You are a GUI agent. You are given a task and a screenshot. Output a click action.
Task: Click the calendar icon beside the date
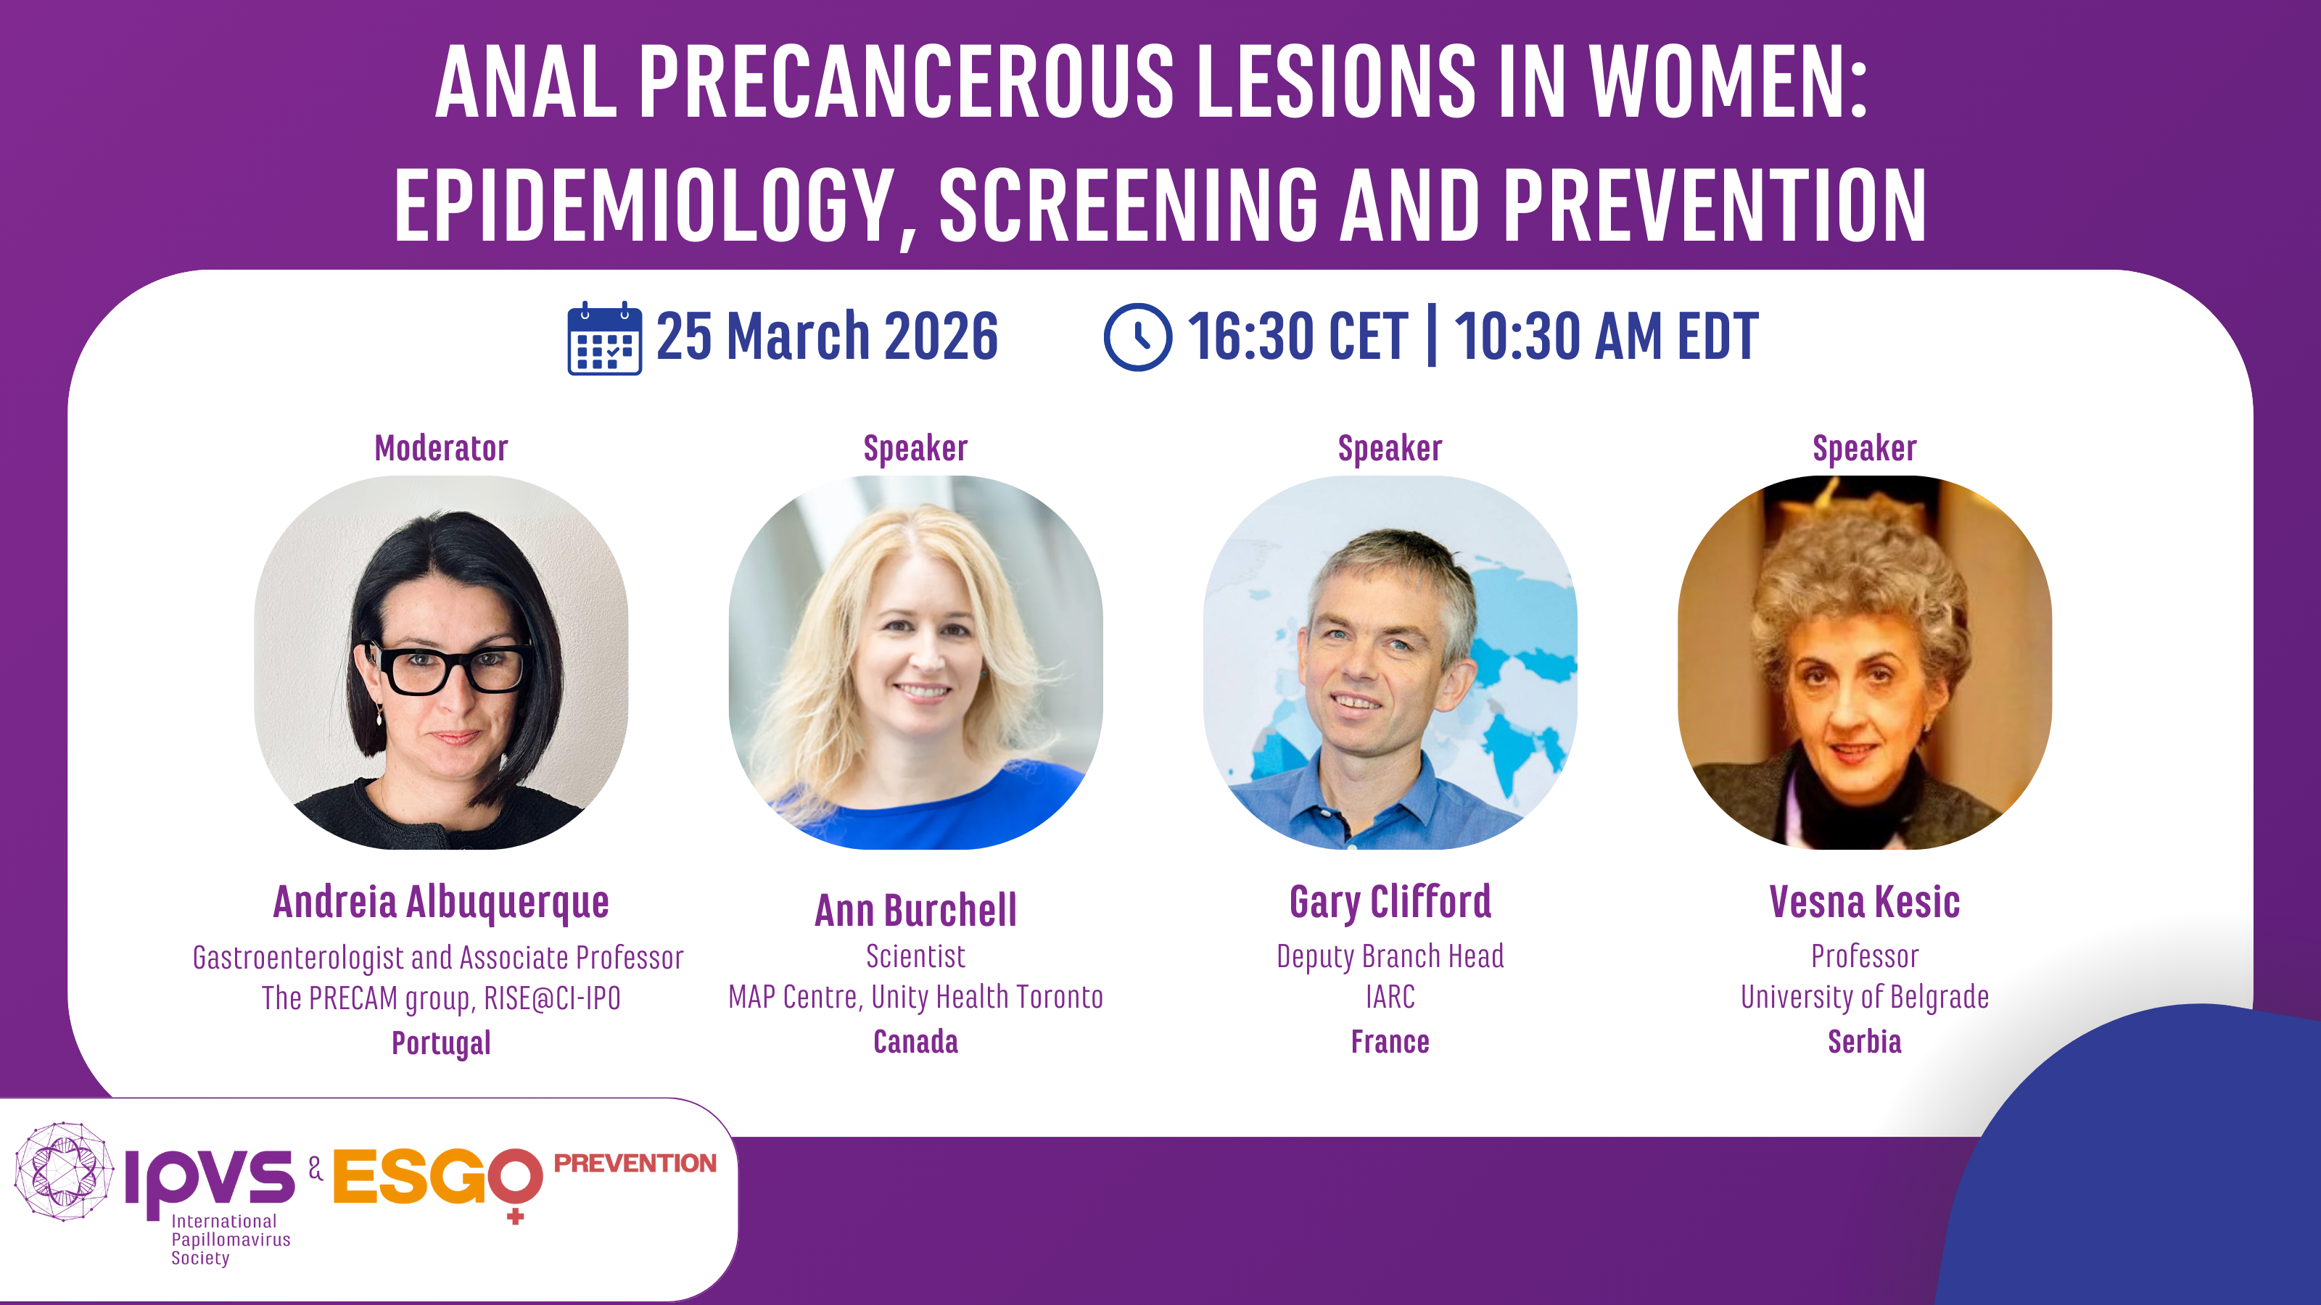605,338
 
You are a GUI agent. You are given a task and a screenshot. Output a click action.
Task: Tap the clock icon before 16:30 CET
1138,337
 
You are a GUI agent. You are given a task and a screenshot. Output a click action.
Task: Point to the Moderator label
442,447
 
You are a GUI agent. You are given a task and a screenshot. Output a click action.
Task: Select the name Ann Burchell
915,910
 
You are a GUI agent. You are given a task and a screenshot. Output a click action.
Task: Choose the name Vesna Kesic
1864,901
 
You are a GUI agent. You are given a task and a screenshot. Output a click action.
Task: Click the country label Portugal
442,1043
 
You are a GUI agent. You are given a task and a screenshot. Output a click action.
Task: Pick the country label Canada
915,1041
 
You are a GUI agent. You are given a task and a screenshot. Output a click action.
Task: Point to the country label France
1390,1041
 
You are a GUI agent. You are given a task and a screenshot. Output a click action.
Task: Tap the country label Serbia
1864,1041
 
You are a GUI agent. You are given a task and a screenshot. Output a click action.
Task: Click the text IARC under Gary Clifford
1390,997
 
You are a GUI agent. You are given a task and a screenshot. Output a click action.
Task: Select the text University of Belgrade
1864,997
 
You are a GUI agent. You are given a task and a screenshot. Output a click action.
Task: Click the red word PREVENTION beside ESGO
635,1163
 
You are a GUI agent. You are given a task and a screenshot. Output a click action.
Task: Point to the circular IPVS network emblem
64,1171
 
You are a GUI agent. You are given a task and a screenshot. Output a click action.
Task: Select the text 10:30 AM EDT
1606,337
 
